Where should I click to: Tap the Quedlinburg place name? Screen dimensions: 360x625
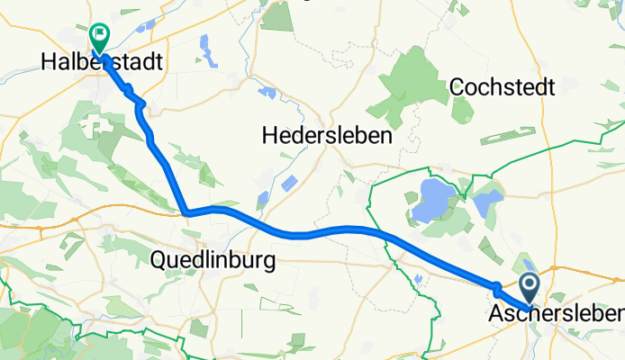(x=208, y=260)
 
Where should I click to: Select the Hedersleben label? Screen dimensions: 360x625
(x=327, y=136)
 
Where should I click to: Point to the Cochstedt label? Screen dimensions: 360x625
(x=502, y=86)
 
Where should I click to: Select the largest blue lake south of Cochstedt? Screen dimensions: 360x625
(x=430, y=200)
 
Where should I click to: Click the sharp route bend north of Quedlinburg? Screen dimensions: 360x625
(x=186, y=213)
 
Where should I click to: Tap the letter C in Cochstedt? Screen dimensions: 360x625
(x=455, y=86)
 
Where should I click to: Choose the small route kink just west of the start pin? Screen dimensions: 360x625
(x=496, y=287)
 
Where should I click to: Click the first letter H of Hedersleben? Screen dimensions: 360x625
(x=268, y=136)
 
